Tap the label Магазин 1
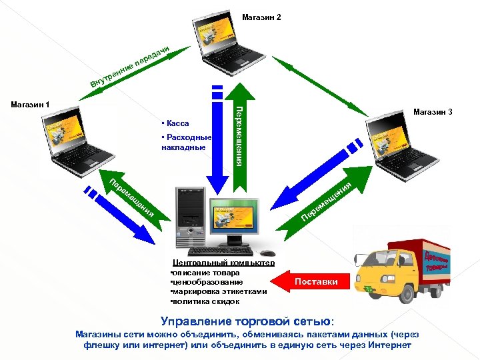(x=31, y=104)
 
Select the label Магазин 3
(x=433, y=112)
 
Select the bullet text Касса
(x=176, y=123)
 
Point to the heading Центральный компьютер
(x=223, y=263)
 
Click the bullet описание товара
(x=201, y=272)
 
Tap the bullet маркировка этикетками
(x=219, y=291)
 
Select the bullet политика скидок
(x=205, y=301)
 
